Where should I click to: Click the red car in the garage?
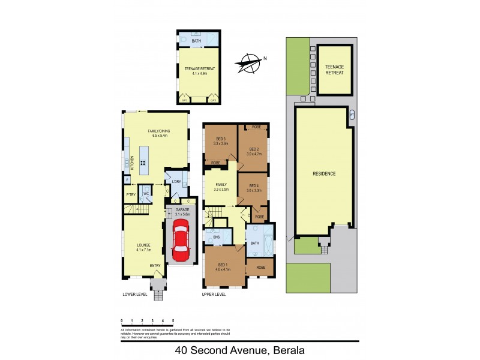(x=180, y=241)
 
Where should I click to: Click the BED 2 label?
(x=254, y=149)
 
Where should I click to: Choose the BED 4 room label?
(x=254, y=185)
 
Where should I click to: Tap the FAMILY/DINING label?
(x=160, y=131)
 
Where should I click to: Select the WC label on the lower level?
(x=146, y=194)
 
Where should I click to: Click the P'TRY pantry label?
(x=130, y=194)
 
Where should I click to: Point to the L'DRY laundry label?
(x=176, y=181)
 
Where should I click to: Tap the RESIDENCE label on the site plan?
(x=323, y=173)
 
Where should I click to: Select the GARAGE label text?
(x=182, y=209)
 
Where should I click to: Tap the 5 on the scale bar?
(x=173, y=322)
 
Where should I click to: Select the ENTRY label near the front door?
(x=155, y=265)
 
